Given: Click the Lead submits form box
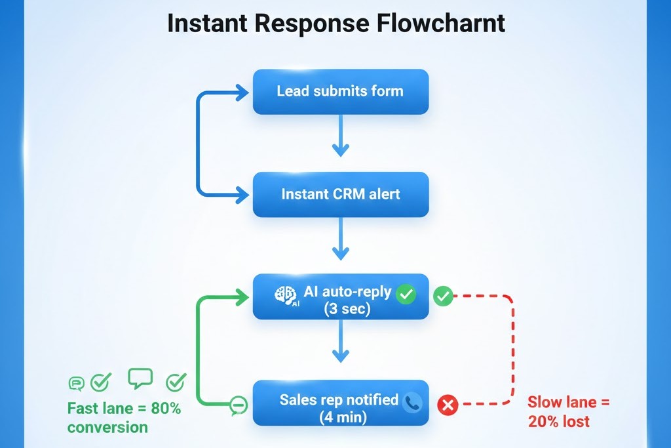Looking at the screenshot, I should point(340,91).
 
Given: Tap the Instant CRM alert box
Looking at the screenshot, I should point(340,194).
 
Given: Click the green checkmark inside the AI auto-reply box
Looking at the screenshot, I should point(406,295).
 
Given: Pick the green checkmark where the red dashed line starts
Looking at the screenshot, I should point(443,296).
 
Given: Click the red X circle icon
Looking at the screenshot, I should point(448,405).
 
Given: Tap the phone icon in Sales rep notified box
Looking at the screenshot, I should point(412,402).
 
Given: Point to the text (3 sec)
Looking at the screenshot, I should point(347,309).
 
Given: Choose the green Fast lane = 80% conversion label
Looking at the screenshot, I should point(124,418).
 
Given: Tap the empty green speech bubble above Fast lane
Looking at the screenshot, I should point(140,378).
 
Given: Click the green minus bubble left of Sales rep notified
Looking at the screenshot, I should point(238,407).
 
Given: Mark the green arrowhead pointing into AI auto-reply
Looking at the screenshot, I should point(242,298).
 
